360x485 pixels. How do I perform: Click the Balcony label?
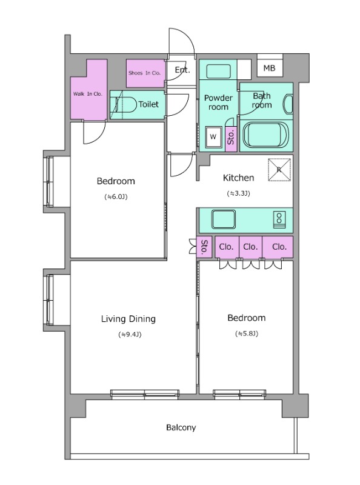coord(181,427)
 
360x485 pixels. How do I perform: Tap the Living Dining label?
coord(128,319)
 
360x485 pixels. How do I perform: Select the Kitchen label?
coord(238,178)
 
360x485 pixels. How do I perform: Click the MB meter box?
coord(270,68)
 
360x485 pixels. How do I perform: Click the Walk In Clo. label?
coord(87,94)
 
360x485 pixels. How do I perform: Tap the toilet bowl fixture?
coord(126,104)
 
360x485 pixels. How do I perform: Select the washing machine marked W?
coord(213,137)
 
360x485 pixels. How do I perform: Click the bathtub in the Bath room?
coord(266,135)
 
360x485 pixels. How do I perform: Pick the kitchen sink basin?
coord(224,219)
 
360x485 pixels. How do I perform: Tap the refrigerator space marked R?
coord(279,170)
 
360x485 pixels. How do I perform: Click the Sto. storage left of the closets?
coord(204,247)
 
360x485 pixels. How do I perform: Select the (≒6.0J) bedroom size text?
coord(116,196)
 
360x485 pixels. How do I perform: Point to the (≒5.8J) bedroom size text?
coord(247,333)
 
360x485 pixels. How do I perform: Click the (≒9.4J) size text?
coord(130,335)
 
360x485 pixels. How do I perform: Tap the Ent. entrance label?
coord(182,70)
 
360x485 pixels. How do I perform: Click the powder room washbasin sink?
coord(218,72)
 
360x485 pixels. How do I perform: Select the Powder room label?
coord(218,102)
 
